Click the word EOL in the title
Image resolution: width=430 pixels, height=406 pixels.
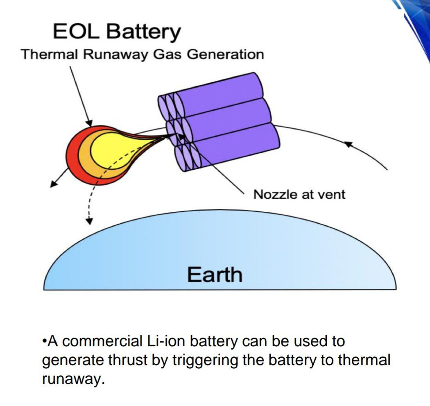click(76, 31)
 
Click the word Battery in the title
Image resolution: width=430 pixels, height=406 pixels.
click(143, 32)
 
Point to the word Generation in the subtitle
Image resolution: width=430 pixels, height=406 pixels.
click(225, 54)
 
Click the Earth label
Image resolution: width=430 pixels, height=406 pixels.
click(215, 274)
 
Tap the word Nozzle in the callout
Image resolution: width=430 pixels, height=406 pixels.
click(275, 195)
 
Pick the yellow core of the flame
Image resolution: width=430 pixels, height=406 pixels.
click(114, 150)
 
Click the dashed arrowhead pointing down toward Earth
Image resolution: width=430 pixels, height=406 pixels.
click(89, 220)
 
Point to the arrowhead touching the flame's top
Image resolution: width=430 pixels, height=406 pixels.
click(89, 123)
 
